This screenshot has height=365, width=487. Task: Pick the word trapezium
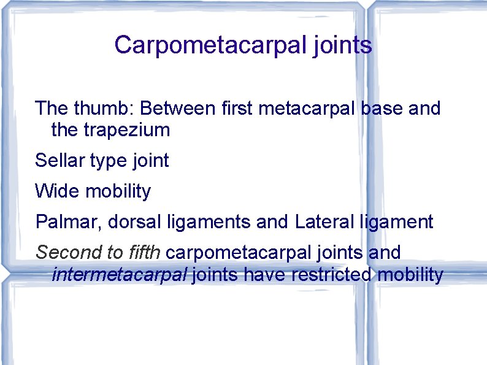click(x=126, y=130)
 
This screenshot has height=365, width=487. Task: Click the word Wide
click(x=57, y=191)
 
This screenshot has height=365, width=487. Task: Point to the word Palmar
click(x=66, y=221)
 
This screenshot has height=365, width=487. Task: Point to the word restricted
click(x=331, y=274)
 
